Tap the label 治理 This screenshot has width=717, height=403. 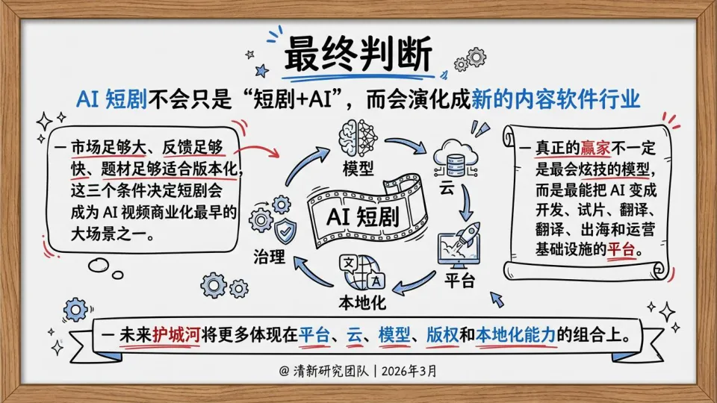[x=270, y=257]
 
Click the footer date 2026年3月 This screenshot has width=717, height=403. [x=411, y=370]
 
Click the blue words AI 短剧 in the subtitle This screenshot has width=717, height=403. [x=105, y=99]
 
